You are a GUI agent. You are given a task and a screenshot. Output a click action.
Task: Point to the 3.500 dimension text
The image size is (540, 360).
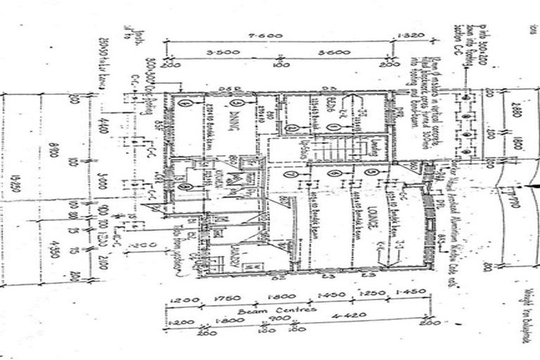(x=224, y=53)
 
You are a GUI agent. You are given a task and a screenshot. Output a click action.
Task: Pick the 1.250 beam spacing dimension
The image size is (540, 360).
(x=369, y=295)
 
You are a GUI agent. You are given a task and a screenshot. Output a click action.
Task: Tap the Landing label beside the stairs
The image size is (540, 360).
(x=373, y=146)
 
